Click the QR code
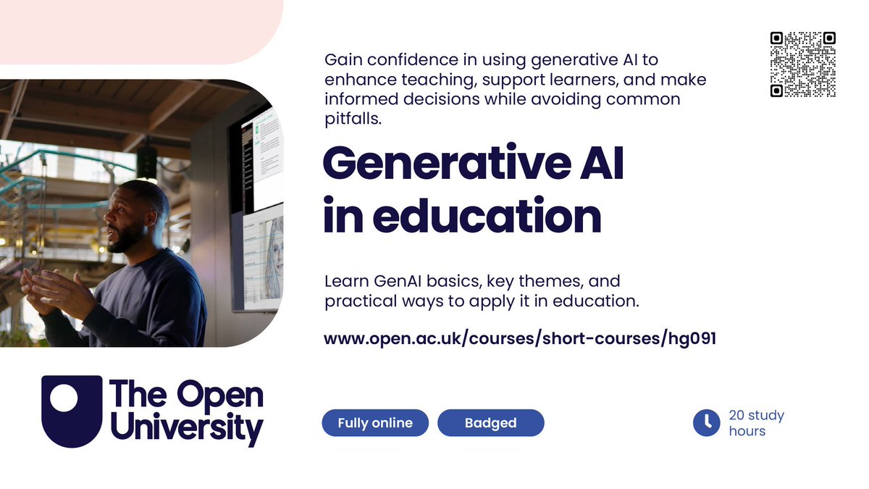pos(802,64)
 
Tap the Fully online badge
pos(375,423)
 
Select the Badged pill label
pos(490,423)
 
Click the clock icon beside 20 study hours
pos(706,423)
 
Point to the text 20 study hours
pos(756,423)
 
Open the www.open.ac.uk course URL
pos(519,339)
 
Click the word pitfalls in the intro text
pos(353,119)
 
